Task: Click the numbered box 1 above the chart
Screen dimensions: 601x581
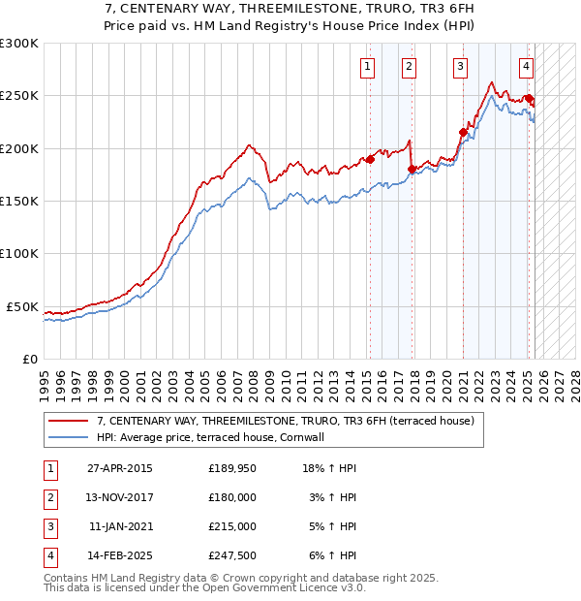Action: (369, 67)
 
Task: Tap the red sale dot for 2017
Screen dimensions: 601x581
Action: (412, 169)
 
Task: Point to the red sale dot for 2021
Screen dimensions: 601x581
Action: (463, 132)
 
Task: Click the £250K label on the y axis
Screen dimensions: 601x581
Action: (19, 96)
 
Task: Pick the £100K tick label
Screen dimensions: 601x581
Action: (19, 253)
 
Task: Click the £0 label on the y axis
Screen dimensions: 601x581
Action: (29, 359)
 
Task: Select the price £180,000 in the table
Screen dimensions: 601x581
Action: (232, 497)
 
